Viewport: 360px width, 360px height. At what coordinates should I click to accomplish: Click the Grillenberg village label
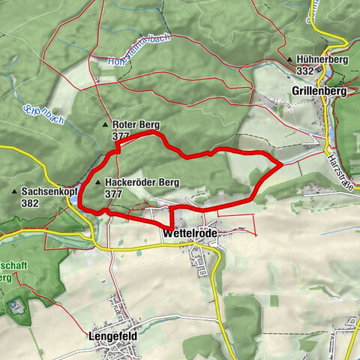coord(319,91)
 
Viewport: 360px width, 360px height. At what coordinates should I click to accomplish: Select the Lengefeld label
coord(112,337)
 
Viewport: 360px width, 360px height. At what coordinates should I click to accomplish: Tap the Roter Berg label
coord(135,124)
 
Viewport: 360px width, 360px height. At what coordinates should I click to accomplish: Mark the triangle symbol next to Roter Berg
coord(105,124)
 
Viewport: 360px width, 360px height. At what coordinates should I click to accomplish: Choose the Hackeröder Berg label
coord(142,182)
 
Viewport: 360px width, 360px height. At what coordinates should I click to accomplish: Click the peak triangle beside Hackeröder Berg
coord(98,182)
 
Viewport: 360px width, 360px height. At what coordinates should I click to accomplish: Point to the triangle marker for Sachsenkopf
coord(15,192)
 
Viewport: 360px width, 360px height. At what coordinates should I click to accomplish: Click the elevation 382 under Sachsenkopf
coord(31,202)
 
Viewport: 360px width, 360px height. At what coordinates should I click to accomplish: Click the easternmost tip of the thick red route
coord(281,162)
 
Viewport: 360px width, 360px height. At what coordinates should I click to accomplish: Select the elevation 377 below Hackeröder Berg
coord(114,193)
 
